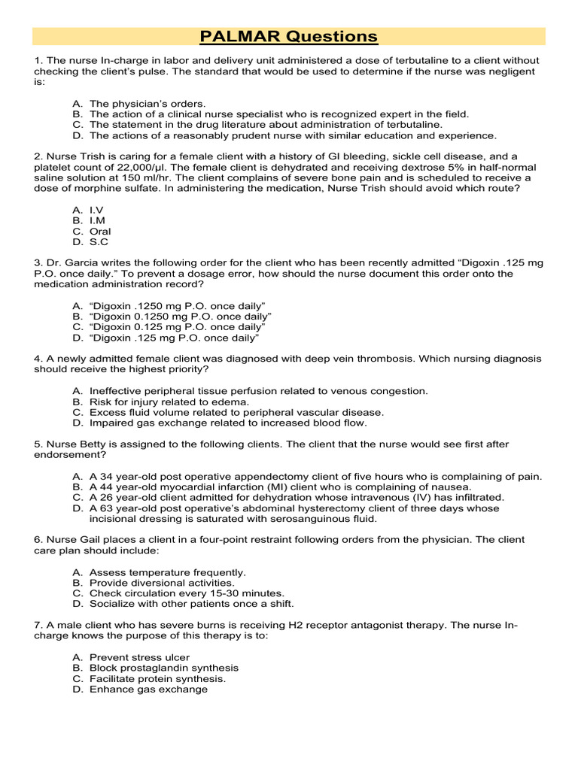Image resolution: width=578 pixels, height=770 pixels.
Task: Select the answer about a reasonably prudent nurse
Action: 293,135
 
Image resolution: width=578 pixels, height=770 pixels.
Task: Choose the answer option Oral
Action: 100,232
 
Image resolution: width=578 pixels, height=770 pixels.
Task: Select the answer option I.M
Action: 99,221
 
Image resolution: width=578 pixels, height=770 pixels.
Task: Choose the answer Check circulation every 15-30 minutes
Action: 187,593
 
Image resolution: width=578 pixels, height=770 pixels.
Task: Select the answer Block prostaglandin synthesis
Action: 164,668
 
